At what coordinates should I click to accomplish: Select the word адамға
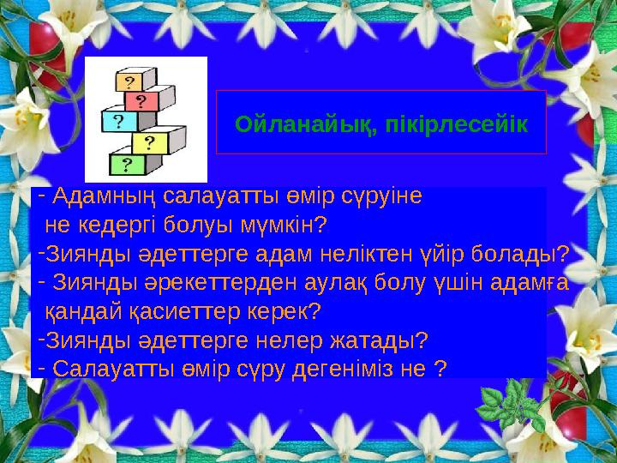tap(532, 282)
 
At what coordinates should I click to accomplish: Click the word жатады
tap(377, 340)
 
